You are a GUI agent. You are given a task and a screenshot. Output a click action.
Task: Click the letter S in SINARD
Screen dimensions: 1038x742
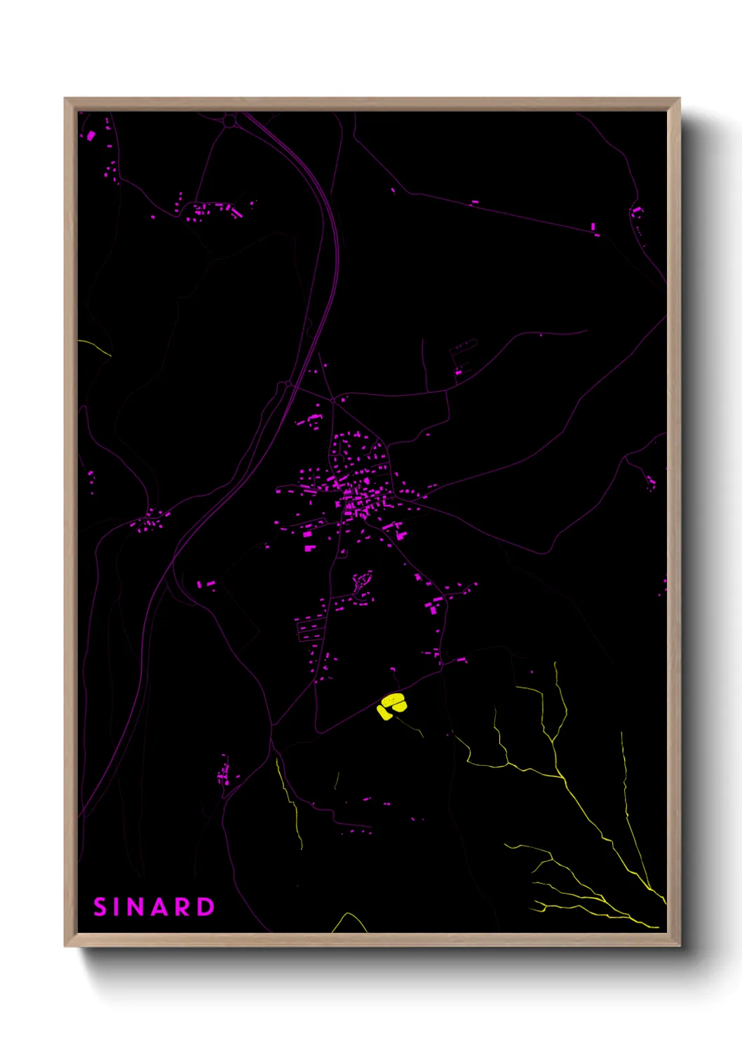100,907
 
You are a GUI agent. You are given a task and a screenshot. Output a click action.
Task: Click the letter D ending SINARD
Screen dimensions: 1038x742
205,907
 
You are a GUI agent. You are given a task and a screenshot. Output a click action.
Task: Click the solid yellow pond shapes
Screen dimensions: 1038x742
391,705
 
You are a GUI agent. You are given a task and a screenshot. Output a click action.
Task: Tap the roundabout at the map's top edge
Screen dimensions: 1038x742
229,121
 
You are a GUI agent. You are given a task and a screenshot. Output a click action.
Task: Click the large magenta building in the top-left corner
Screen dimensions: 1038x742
90,135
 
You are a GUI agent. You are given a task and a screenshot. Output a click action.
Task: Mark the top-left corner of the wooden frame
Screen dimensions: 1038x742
65,99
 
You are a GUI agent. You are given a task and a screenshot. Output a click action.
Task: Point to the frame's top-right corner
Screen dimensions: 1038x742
678,99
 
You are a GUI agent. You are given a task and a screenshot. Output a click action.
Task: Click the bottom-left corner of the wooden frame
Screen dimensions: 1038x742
65,945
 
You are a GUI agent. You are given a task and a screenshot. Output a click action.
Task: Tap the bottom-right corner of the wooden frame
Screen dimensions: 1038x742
678,945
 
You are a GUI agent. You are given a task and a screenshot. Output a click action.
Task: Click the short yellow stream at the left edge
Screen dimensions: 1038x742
95,345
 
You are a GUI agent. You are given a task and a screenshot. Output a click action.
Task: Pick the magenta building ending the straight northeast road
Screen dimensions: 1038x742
593,227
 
